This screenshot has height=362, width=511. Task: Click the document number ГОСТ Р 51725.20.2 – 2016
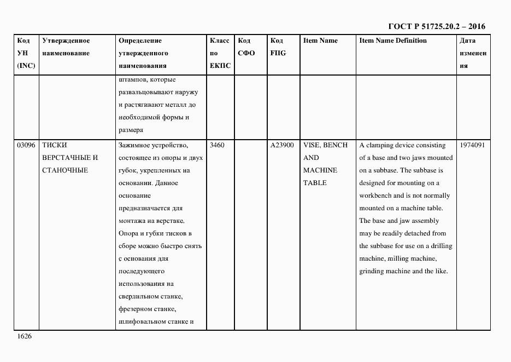[x=436, y=26]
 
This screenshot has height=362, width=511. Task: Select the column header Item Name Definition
[x=393, y=41]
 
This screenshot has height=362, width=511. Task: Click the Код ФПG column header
[x=277, y=47]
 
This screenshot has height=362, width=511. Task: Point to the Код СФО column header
[x=246, y=47]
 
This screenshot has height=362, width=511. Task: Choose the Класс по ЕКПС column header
[x=220, y=53]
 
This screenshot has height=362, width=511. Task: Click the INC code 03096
[x=26, y=145]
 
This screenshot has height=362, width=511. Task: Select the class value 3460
[x=218, y=145]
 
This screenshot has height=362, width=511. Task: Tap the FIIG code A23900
[x=282, y=145]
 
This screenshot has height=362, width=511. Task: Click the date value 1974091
[x=472, y=145]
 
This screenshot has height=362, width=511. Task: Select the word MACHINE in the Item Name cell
[x=320, y=170]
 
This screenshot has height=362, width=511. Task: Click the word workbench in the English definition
[x=377, y=196]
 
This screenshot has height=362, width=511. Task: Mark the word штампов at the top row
[x=131, y=79]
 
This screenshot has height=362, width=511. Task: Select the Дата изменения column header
[x=473, y=53]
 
